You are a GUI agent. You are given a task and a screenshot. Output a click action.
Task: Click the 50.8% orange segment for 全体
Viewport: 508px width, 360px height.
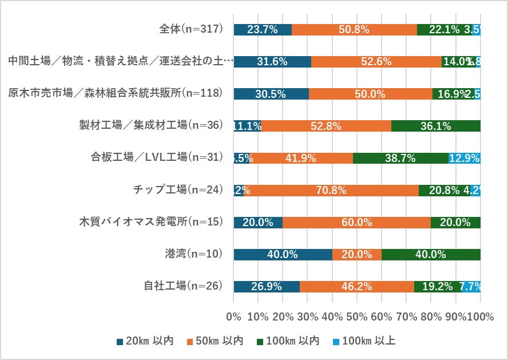click(354, 30)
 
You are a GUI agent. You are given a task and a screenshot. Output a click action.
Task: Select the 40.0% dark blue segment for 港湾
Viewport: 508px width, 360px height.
click(283, 254)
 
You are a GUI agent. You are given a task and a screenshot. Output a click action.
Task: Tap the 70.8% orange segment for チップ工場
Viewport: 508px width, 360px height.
click(331, 190)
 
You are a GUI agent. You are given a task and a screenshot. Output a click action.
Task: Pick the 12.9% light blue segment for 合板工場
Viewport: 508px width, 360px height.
click(465, 158)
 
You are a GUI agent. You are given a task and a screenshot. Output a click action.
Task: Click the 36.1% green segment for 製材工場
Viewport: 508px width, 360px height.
click(436, 126)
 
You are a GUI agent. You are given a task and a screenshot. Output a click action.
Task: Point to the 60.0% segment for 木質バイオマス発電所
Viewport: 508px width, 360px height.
click(356, 222)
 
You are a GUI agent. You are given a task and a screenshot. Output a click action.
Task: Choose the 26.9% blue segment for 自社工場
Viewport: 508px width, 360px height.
click(267, 286)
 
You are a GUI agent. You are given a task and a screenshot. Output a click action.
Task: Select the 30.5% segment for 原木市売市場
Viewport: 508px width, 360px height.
click(271, 94)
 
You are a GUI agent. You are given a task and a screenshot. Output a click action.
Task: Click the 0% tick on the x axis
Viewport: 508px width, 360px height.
click(233, 316)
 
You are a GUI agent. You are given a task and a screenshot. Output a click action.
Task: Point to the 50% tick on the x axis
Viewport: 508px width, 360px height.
click(357, 316)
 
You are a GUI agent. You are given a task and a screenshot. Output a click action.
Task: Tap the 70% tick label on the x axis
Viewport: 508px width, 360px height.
click(406, 316)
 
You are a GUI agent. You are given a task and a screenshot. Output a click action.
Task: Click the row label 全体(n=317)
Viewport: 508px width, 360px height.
click(190, 29)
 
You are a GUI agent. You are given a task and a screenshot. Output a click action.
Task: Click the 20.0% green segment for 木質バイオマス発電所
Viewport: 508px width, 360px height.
click(455, 222)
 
